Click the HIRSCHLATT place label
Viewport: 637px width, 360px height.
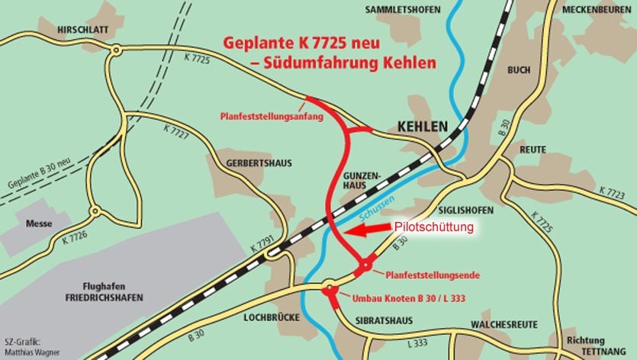83,28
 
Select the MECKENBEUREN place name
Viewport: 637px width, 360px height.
597,10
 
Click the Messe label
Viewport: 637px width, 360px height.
40,224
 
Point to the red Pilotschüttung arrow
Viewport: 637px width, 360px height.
367,230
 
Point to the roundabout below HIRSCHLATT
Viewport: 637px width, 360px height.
116,51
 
